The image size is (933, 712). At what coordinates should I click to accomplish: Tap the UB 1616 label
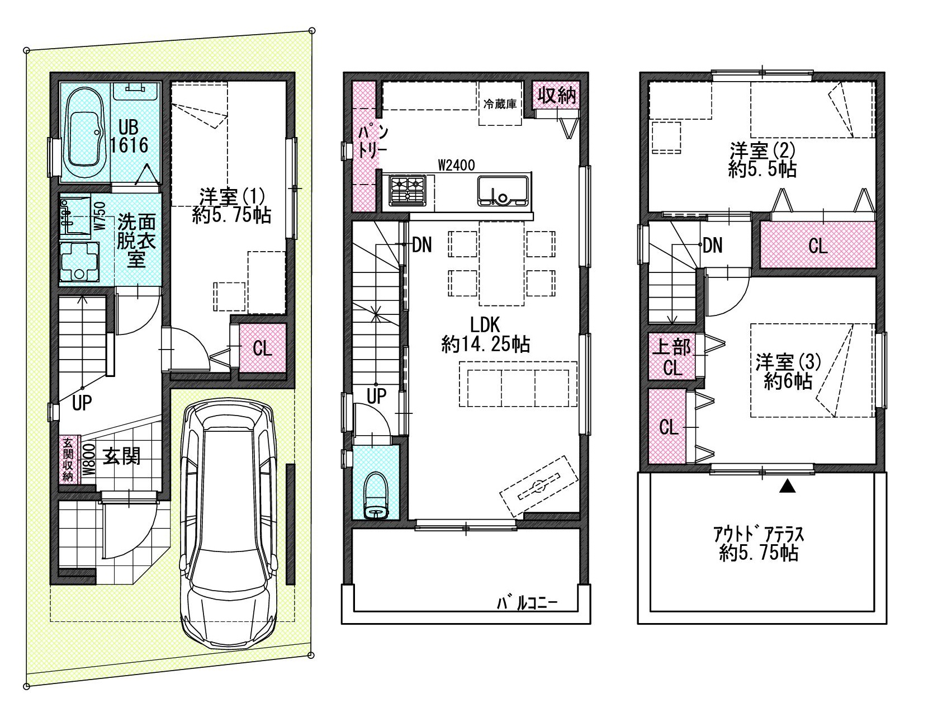coord(129,136)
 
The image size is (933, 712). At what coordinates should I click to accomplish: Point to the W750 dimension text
coord(100,216)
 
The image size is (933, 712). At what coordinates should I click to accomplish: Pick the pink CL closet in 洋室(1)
coord(263,348)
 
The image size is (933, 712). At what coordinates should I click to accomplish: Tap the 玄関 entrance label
coord(121,456)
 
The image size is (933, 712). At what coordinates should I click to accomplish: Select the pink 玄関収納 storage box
coord(68,460)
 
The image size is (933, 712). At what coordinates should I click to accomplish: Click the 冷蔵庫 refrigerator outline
coord(500,103)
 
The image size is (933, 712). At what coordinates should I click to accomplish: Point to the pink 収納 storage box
coord(556,96)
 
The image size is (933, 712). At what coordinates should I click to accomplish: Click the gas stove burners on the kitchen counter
coord(408,190)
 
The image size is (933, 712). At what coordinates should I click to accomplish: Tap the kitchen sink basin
coord(503,191)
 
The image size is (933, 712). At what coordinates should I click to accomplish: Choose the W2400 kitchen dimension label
coord(456,165)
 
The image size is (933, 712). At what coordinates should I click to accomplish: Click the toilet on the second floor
coord(376,496)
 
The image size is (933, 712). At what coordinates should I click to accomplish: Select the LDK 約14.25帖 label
coord(485,335)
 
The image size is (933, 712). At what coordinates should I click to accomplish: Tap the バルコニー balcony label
coord(527,603)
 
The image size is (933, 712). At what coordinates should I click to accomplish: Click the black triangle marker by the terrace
coord(787,486)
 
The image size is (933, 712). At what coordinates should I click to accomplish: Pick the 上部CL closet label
coord(671,357)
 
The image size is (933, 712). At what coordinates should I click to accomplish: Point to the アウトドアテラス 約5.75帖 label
coord(758,544)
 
